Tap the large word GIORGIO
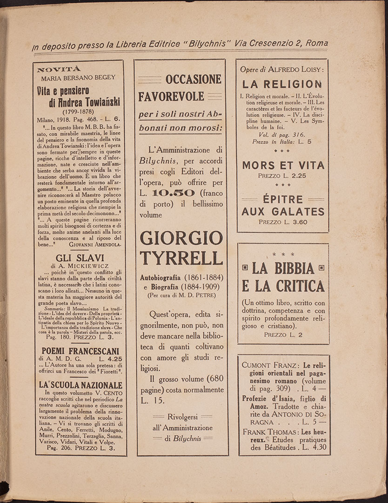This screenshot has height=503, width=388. pyautogui.click(x=181, y=238)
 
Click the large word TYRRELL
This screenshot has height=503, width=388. pyautogui.click(x=181, y=257)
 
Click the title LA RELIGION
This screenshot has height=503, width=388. pyautogui.click(x=282, y=84)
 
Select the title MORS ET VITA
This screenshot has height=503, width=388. pyautogui.click(x=283, y=165)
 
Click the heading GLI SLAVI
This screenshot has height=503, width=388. pyautogui.click(x=80, y=258)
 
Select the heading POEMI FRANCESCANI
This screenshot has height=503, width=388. pyautogui.click(x=80, y=351)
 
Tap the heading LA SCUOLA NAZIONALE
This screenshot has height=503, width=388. pyautogui.click(x=80, y=385)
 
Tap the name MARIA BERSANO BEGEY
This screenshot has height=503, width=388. pyautogui.click(x=78, y=78)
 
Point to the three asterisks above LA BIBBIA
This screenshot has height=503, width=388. pyautogui.click(x=283, y=255)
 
